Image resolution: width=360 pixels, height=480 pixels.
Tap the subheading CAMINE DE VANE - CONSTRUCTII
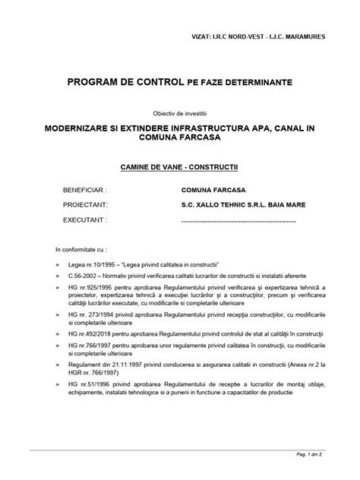click(179, 164)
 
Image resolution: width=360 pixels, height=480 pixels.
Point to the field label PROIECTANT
click(85, 205)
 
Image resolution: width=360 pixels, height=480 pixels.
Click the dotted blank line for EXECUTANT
click(238, 221)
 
